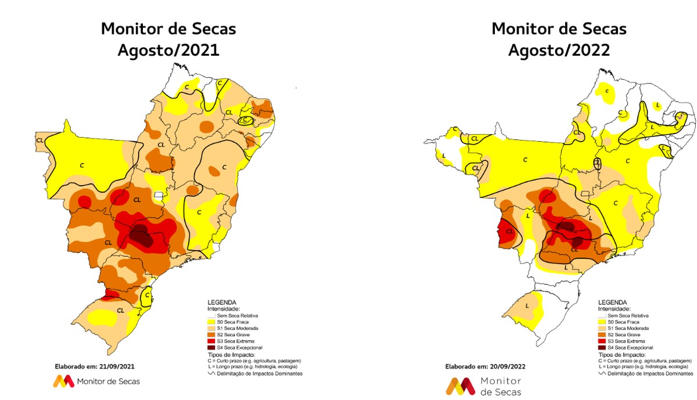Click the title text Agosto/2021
(x=168, y=50)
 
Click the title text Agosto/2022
(x=559, y=50)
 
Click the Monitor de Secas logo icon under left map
(x=63, y=381)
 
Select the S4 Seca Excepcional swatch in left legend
(x=211, y=347)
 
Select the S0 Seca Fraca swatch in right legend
(x=602, y=322)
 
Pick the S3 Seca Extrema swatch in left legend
(x=211, y=341)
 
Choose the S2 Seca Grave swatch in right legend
(x=602, y=334)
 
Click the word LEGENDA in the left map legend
(x=221, y=302)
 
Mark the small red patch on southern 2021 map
(x=107, y=298)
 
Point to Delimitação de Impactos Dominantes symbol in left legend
(x=211, y=373)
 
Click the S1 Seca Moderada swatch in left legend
(x=211, y=328)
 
